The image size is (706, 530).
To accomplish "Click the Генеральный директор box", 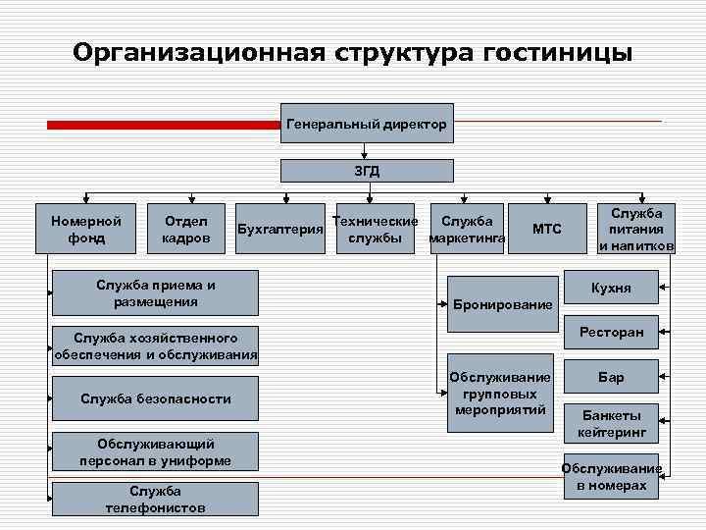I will [367, 124].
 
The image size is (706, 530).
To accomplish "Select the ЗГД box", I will [367, 170].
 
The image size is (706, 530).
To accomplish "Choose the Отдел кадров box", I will [185, 230].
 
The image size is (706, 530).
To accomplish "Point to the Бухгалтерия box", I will [281, 230].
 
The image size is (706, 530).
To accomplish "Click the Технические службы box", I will [375, 230].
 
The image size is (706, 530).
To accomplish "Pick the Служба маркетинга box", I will [467, 230].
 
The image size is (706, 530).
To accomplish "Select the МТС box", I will [546, 230].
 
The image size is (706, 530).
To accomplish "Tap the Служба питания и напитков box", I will [636, 230].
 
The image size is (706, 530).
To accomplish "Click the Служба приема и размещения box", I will [156, 292].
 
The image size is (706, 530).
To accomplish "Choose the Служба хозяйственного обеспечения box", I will [156, 346].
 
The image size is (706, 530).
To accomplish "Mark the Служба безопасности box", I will [156, 398].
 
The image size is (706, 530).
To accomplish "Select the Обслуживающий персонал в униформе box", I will [156, 451].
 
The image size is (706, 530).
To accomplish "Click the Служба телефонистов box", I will [156, 499].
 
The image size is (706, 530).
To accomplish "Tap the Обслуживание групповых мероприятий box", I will [500, 394].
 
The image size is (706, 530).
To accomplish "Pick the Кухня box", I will [611, 289].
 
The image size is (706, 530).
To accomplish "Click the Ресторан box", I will [611, 333].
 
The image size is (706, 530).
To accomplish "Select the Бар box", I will [611, 377].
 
